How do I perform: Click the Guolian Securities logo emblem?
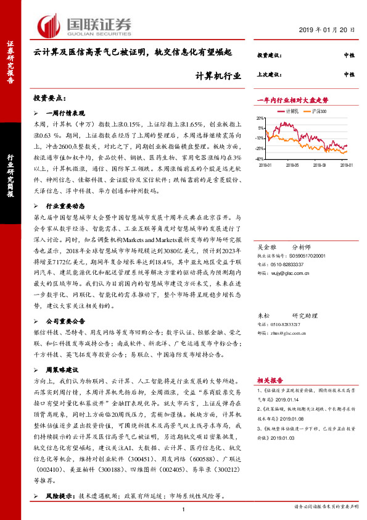(x=49, y=25)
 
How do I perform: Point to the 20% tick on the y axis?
(x=262, y=116)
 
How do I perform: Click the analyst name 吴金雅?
(x=266, y=246)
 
